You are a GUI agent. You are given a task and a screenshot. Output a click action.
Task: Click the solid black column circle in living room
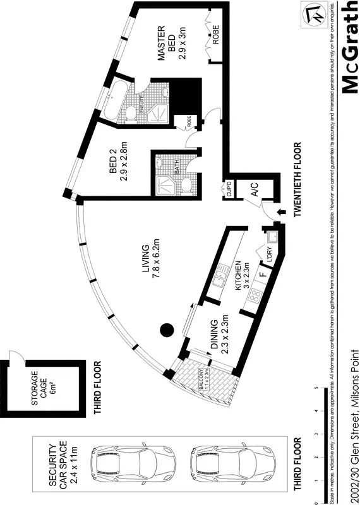tap(166, 329)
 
